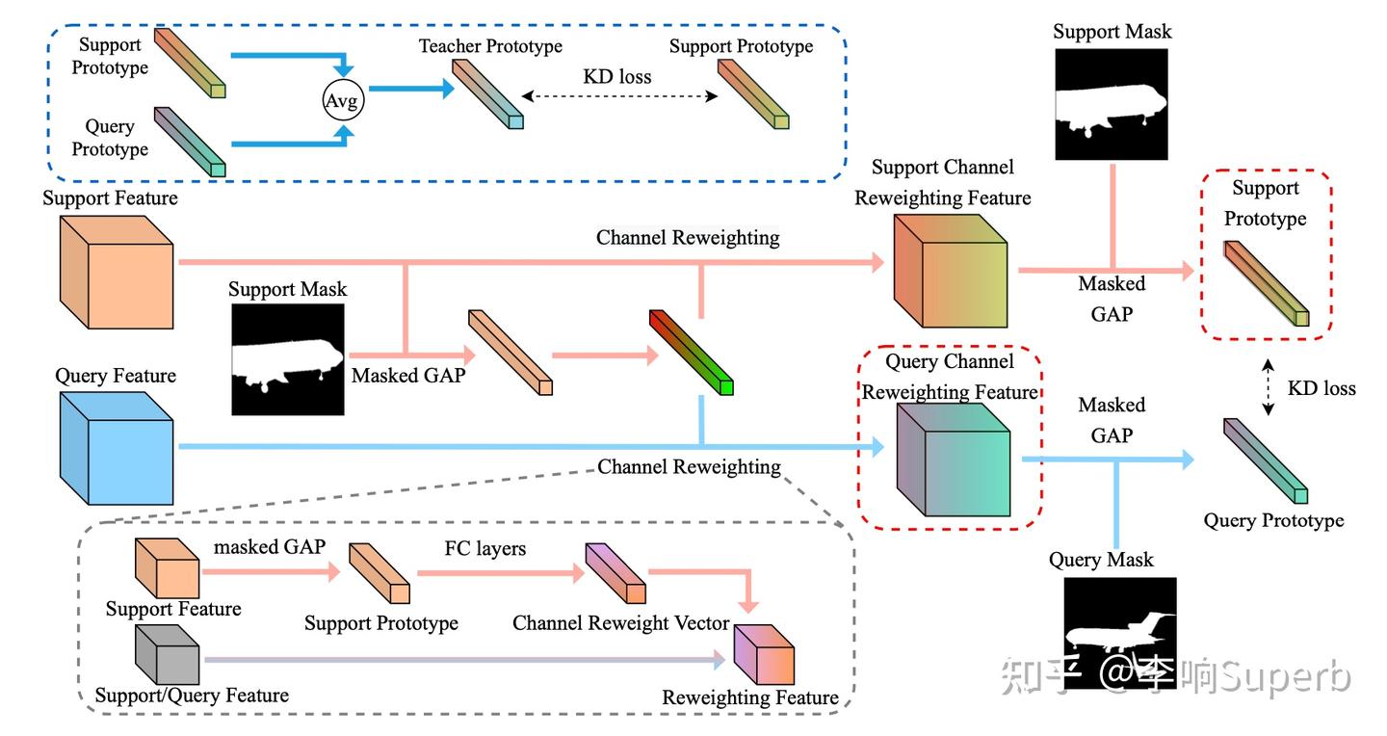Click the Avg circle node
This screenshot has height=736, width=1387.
(x=344, y=100)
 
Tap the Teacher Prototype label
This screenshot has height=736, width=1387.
(x=490, y=46)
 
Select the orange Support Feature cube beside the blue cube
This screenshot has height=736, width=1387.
(x=117, y=272)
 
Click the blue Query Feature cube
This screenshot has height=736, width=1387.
(x=117, y=449)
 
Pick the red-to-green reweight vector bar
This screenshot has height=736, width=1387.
(x=691, y=352)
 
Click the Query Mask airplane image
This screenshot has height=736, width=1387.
(x=1120, y=633)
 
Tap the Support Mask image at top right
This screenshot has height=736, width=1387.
(x=1112, y=104)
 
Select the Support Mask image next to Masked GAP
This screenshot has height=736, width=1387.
(x=288, y=359)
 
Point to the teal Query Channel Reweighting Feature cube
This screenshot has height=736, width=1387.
(x=954, y=460)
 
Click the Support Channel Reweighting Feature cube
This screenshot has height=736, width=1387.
(x=951, y=271)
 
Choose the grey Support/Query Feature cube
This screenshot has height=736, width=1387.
(x=168, y=654)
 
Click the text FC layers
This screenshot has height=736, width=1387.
(x=485, y=548)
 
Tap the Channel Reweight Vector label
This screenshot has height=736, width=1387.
(x=621, y=622)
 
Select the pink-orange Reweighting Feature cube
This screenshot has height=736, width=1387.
(x=764, y=654)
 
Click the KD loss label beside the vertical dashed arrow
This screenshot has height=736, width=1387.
(x=1322, y=388)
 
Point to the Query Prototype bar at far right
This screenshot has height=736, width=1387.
(x=1266, y=460)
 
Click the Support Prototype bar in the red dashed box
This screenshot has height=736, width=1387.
(x=1267, y=284)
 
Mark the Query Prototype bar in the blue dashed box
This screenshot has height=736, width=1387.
(x=190, y=142)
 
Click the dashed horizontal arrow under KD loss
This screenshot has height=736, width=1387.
(x=619, y=96)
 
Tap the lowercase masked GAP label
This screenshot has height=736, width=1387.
(x=270, y=546)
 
